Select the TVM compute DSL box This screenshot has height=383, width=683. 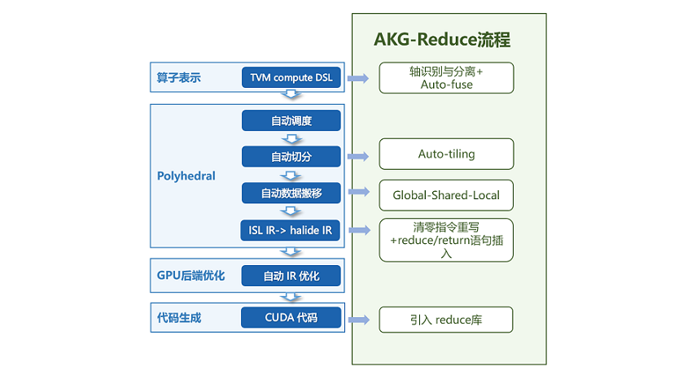tap(291, 78)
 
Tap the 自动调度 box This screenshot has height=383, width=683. tap(291, 120)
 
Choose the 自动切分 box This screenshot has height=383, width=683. tap(291, 157)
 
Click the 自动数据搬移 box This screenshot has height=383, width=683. tap(291, 193)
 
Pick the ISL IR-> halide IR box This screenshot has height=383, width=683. tap(291, 230)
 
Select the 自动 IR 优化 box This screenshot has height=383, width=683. tap(291, 276)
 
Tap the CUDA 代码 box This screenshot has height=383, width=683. tap(291, 318)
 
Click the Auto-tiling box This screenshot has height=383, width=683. tap(446, 154)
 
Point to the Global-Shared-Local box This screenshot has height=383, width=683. tap(446, 195)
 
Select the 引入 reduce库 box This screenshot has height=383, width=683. tap(446, 320)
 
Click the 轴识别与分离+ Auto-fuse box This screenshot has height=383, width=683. tap(446, 77)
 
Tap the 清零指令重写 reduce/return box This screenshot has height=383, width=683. tap(446, 240)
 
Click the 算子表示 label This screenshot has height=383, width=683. tap(178, 78)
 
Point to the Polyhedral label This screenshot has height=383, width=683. tap(186, 175)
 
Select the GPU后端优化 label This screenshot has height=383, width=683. tap(190, 276)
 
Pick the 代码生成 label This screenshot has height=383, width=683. tap(178, 318)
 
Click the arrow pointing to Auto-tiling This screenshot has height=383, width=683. tap(357, 155)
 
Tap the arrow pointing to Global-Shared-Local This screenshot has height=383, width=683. tap(357, 192)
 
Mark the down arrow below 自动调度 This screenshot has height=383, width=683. tap(291, 138)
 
